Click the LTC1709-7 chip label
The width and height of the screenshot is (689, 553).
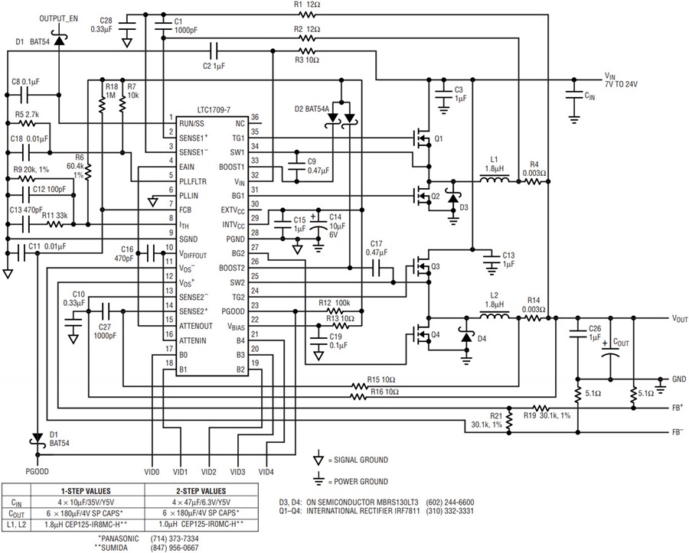(x=214, y=109)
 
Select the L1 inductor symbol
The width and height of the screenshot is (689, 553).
(x=495, y=179)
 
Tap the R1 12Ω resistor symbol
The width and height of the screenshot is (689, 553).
(x=307, y=15)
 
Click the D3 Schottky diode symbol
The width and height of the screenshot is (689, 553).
(x=453, y=197)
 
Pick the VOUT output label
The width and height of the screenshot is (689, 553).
(x=679, y=319)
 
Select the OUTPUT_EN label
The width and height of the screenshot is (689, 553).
(x=58, y=19)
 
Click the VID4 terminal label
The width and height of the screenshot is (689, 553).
(x=266, y=472)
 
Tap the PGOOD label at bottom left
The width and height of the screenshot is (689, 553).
(x=37, y=472)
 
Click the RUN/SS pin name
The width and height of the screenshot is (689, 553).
(x=191, y=124)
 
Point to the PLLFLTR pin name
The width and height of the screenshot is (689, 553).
(x=192, y=182)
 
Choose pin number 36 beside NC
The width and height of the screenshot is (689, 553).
(x=255, y=117)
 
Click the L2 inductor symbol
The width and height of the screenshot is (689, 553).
(x=495, y=315)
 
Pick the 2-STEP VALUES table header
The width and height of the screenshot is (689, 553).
(x=201, y=491)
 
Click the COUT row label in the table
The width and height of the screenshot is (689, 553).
(x=17, y=513)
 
